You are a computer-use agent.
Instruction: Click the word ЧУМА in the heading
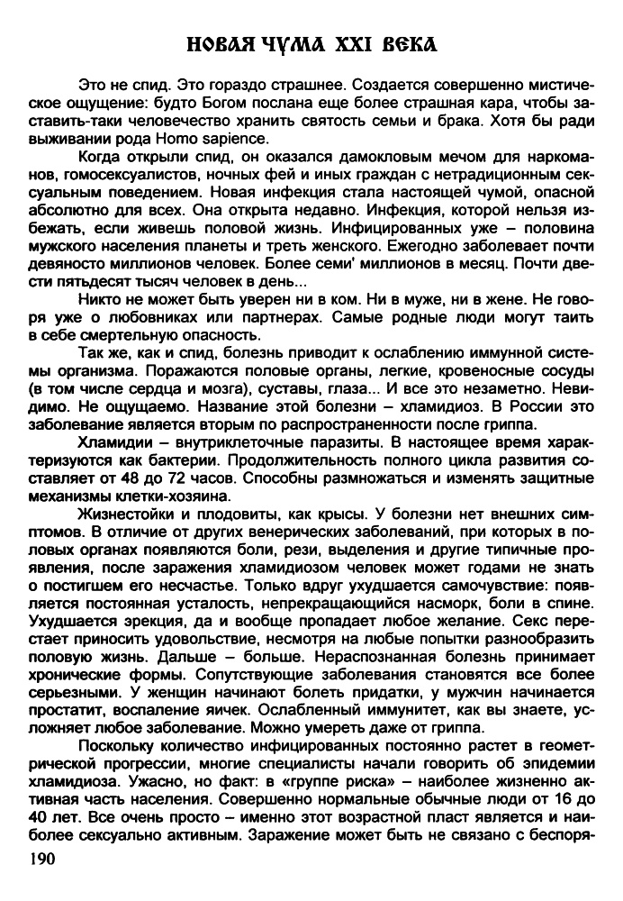coord(287,42)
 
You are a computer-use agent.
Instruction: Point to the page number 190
coord(42,860)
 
